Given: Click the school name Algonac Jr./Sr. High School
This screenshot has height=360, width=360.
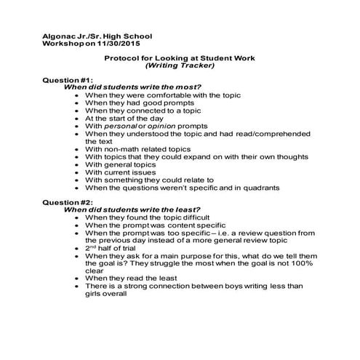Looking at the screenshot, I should (x=99, y=35).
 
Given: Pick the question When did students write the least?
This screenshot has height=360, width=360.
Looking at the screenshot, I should (x=132, y=209).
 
